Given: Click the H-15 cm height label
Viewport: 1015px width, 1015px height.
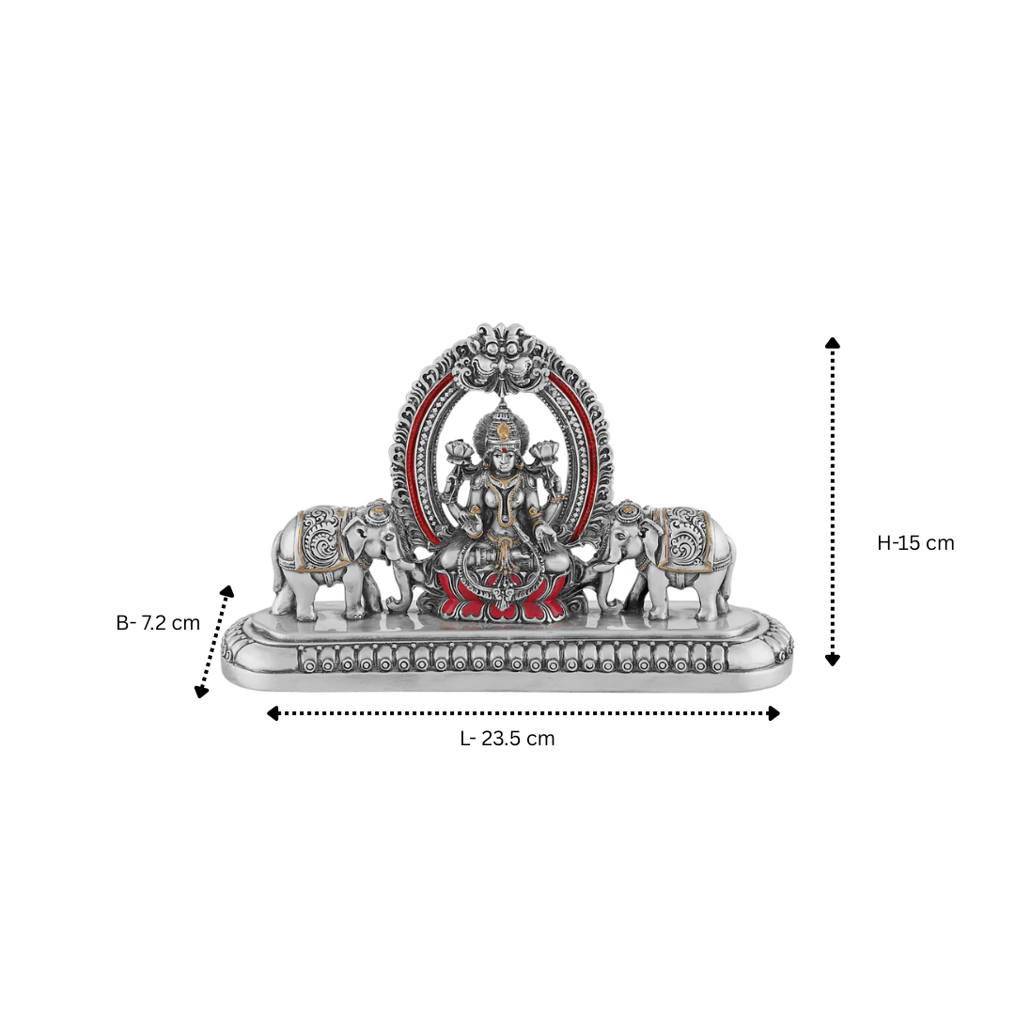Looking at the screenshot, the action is pyautogui.click(x=915, y=542).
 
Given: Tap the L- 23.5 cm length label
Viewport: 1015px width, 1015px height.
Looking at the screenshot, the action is pyautogui.click(x=507, y=739).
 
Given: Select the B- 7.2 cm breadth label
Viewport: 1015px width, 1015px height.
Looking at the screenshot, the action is pyautogui.click(x=158, y=623).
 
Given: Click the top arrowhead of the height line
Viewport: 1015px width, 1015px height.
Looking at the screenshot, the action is pyautogui.click(x=833, y=343).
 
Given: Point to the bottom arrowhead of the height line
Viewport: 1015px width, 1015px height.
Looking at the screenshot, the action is pyautogui.click(x=833, y=660).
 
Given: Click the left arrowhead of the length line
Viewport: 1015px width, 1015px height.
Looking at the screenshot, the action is pyautogui.click(x=273, y=713).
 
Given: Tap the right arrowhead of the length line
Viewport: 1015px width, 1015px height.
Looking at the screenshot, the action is pyautogui.click(x=773, y=713).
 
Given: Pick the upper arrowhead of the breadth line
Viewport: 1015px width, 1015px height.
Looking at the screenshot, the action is pyautogui.click(x=226, y=591).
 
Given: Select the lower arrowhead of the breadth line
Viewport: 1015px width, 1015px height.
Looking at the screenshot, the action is pyautogui.click(x=201, y=691).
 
